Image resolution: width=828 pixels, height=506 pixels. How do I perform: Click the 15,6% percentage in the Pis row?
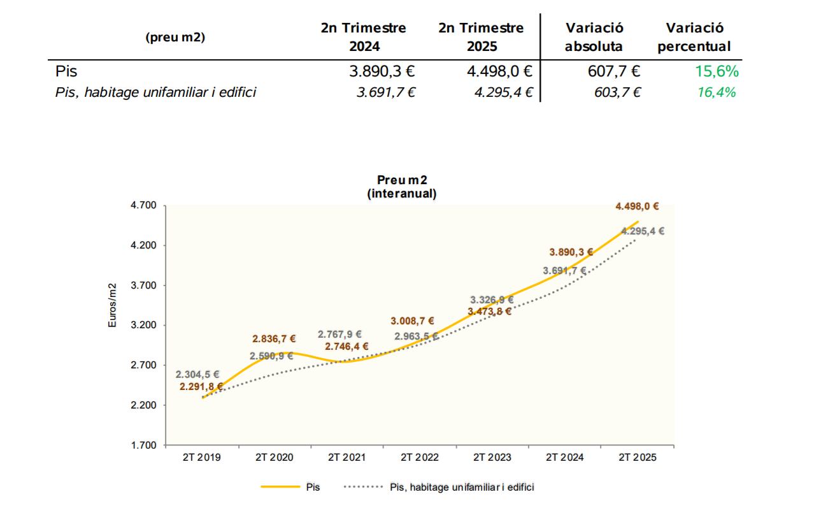point(717,71)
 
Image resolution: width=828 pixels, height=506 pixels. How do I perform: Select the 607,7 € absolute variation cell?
point(614,71)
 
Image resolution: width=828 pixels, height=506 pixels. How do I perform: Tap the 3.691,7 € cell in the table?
point(386,92)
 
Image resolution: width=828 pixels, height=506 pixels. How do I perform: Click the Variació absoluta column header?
point(594,37)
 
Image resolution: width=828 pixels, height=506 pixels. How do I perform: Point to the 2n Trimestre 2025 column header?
point(481,37)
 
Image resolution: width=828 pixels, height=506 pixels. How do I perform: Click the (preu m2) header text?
point(175,37)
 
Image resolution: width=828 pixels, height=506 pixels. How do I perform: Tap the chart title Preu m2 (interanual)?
point(402,187)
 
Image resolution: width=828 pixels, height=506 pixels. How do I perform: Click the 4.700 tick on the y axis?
point(143,205)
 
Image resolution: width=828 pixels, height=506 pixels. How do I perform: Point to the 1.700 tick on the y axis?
point(143,445)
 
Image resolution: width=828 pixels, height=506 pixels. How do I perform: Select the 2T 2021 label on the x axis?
point(346,457)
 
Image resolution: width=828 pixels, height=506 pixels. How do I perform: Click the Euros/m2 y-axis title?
point(111,305)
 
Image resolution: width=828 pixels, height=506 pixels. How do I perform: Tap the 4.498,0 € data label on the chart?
point(637,206)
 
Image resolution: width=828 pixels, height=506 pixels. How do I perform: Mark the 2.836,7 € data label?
point(274,339)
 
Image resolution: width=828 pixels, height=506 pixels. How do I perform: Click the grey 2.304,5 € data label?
point(197,374)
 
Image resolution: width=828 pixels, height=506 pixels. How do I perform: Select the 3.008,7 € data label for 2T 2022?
point(413,321)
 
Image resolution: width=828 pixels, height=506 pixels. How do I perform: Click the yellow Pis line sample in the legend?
point(280,487)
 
